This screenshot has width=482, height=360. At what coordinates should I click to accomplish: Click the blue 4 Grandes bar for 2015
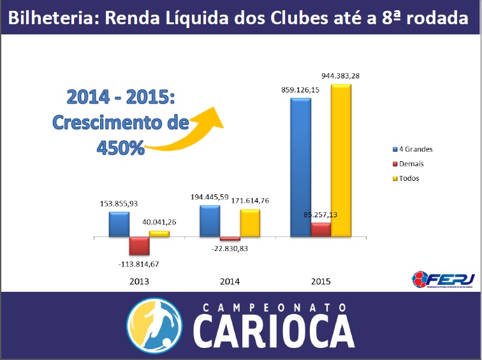pos(300,167)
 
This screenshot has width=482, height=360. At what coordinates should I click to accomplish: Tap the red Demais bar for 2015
pos(321,229)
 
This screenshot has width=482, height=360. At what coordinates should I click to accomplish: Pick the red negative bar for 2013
pos(139,246)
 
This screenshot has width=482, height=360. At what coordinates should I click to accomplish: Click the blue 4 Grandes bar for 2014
pos(210,220)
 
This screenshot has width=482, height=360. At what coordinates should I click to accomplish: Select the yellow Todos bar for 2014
pos(250,222)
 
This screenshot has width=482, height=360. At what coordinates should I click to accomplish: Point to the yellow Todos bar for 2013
pos(159,234)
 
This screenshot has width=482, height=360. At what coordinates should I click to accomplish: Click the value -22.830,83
pos(230,248)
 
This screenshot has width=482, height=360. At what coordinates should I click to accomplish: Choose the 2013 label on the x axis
pos(139,281)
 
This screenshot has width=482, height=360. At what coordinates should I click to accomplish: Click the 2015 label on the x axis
pos(321,281)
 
